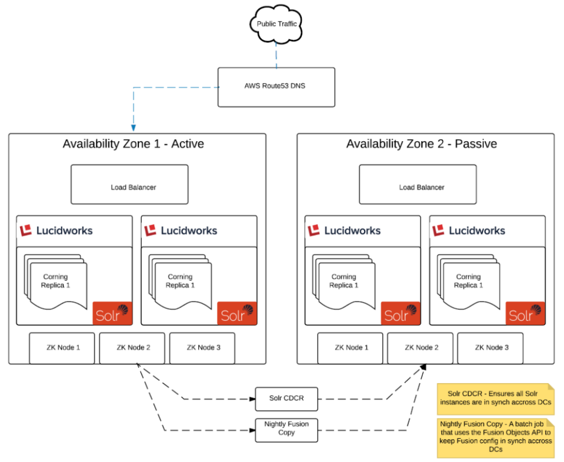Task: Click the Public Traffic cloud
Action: click(x=276, y=24)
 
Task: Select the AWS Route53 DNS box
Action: click(x=276, y=87)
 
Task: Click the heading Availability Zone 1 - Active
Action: click(x=133, y=144)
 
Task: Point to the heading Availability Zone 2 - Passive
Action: click(x=421, y=144)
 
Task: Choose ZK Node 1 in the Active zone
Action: click(x=62, y=348)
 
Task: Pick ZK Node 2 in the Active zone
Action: click(x=132, y=348)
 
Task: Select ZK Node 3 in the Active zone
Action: click(x=202, y=348)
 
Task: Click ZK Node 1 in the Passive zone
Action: click(x=350, y=348)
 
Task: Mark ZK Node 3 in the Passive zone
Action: click(x=490, y=348)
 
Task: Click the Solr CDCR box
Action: click(x=286, y=399)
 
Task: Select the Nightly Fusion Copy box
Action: click(x=286, y=428)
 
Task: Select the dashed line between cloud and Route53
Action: click(x=276, y=53)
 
